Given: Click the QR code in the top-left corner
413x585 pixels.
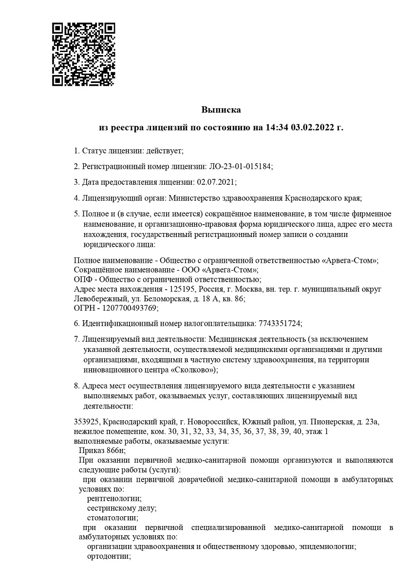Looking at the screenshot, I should (x=83, y=54).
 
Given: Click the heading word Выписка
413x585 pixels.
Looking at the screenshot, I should (x=222, y=110).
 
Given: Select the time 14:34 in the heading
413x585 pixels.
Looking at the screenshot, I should (x=278, y=128).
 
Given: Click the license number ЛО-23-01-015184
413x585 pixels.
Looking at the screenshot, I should (x=240, y=166).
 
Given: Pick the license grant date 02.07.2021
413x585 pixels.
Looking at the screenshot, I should (x=216, y=182).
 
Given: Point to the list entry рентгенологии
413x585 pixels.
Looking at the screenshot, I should (x=114, y=498).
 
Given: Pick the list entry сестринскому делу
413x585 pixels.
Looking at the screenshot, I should (x=122, y=508).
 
